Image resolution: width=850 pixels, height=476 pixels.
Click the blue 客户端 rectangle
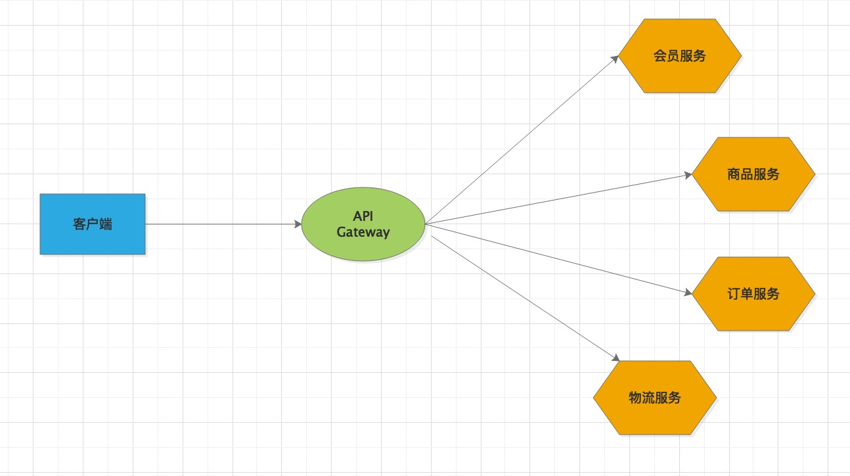click(93, 224)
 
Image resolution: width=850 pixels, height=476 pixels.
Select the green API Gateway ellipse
click(363, 224)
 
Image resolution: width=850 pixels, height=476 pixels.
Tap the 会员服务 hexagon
click(680, 56)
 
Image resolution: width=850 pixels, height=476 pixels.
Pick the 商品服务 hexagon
click(753, 174)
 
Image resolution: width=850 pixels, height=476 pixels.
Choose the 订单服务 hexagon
click(753, 294)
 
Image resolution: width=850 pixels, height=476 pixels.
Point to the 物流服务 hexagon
click(654, 398)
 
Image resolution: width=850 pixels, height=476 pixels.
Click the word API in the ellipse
click(363, 216)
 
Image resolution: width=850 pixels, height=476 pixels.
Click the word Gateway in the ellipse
click(363, 232)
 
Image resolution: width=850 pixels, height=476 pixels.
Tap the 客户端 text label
click(93, 224)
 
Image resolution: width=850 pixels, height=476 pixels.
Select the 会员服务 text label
click(680, 56)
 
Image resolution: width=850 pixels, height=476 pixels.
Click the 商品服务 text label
click(753, 174)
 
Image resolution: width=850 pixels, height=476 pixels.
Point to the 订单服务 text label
click(753, 294)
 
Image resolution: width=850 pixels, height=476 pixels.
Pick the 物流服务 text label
click(654, 398)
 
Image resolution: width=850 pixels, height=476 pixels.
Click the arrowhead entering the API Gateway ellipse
click(298, 224)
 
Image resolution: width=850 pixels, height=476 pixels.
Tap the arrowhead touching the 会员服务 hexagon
click(615, 59)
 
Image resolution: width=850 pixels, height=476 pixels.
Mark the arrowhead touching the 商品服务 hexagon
click(688, 175)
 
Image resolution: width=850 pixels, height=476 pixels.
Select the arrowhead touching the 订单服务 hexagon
click(688, 293)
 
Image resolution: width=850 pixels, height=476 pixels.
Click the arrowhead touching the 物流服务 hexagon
click(615, 358)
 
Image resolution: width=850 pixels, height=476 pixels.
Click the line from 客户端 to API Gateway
click(223, 224)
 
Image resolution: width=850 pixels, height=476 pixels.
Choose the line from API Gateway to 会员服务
click(522, 140)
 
